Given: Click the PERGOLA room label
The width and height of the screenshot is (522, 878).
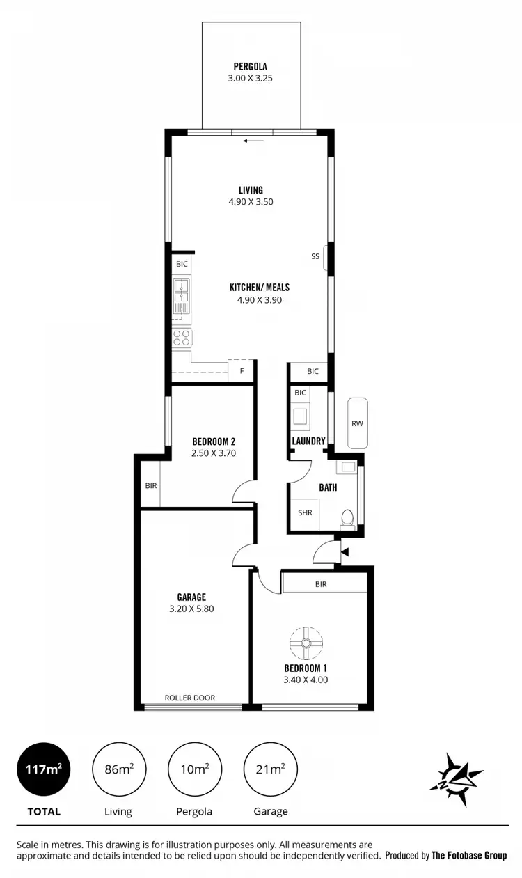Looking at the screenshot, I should [251, 67].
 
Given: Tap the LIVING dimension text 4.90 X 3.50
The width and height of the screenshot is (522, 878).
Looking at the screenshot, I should [251, 202].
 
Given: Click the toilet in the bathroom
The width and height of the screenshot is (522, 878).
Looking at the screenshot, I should [346, 517].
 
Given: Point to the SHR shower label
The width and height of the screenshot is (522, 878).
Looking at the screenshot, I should [305, 512].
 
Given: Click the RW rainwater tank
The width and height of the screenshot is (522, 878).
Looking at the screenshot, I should [357, 423].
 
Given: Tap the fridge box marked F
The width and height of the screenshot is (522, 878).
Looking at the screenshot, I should [242, 371].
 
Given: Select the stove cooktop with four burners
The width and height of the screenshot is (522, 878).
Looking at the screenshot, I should [182, 338].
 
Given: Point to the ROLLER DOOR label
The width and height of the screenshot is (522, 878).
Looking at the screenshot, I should [189, 698].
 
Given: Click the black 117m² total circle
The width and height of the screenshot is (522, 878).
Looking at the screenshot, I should [44, 769].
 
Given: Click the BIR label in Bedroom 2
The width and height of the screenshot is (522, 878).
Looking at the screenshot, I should [151, 485].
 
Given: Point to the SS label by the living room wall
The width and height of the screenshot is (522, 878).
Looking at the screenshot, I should [315, 256].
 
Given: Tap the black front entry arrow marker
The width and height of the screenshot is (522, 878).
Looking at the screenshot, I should [345, 552].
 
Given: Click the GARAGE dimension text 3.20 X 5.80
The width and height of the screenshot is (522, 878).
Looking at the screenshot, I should [191, 609].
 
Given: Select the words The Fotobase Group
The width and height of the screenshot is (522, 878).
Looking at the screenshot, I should [469, 856].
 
